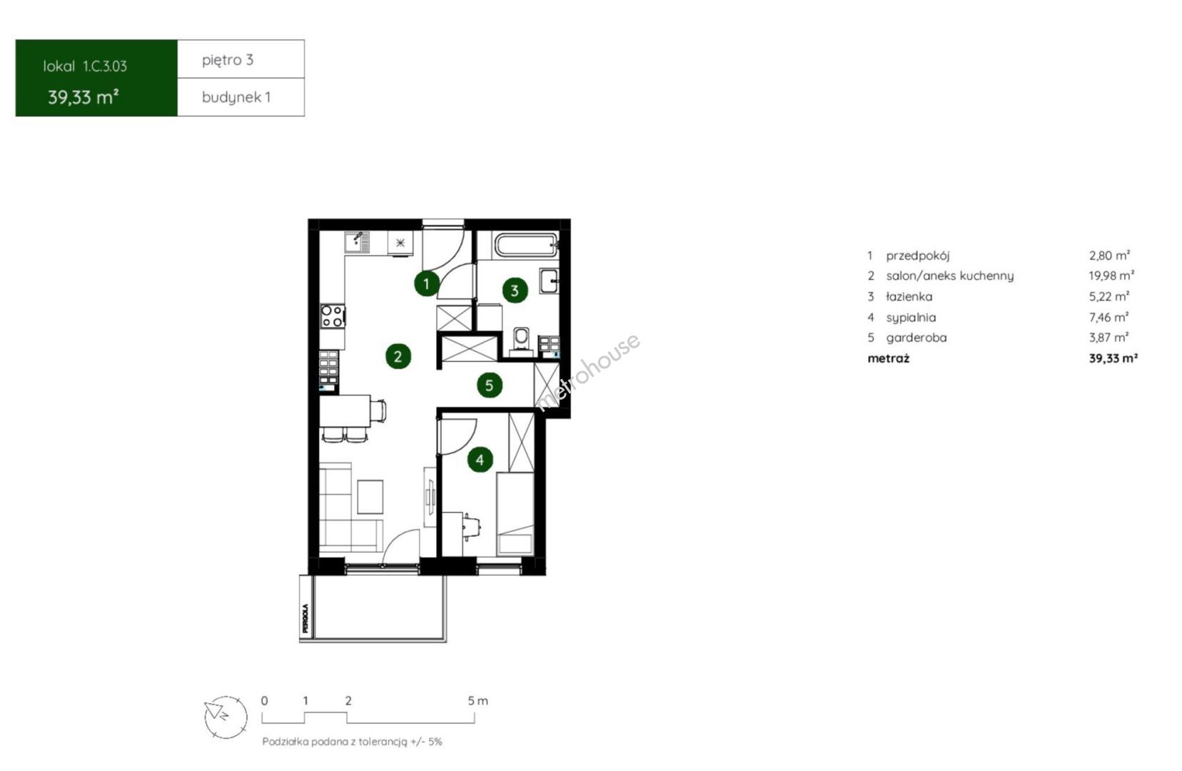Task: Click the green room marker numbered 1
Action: (426, 284)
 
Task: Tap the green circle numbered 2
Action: (398, 356)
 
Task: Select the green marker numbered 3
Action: (515, 291)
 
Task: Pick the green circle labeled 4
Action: (480, 460)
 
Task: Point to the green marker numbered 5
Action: (489, 385)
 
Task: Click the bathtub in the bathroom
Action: (526, 245)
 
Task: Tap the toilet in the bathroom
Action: (521, 341)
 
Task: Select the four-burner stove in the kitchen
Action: (333, 316)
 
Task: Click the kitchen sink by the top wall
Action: (357, 243)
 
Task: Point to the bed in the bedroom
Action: (515, 514)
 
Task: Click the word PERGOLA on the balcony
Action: (305, 618)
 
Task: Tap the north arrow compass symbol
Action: (226, 717)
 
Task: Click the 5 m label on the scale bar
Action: (478, 701)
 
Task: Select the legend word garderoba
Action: (916, 338)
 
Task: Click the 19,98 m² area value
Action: (1111, 276)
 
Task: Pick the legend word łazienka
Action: (909, 296)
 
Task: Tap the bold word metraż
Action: (888, 358)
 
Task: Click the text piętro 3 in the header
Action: (228, 60)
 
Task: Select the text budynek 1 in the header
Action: (236, 97)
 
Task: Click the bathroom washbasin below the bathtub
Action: (549, 281)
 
